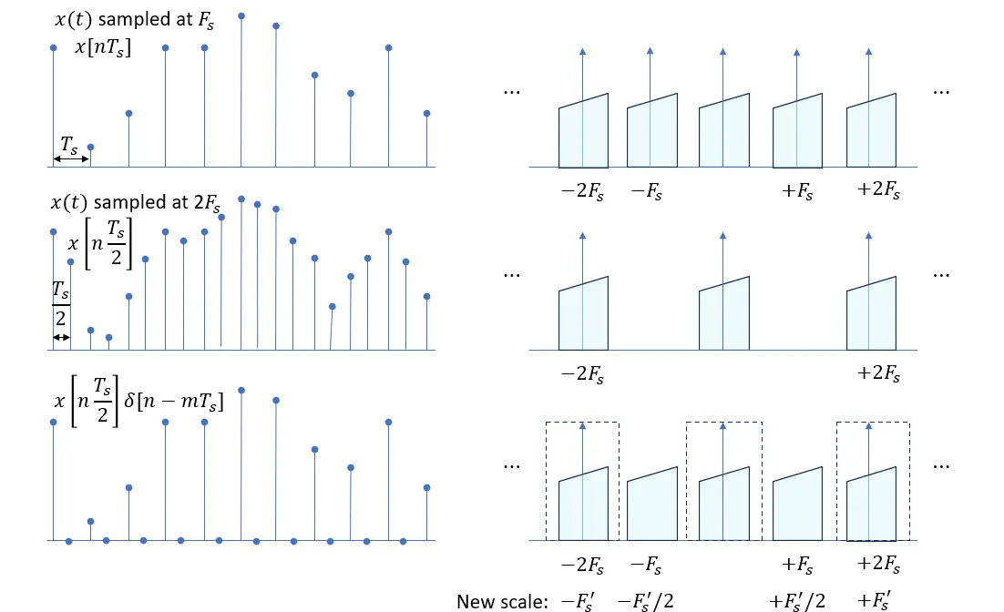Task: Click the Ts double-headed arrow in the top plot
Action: pyautogui.click(x=70, y=159)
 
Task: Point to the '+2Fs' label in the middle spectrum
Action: pyautogui.click(x=879, y=373)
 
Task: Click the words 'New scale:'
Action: pyautogui.click(x=500, y=601)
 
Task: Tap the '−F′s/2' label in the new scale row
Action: pyautogui.click(x=645, y=601)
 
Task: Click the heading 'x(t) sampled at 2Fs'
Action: pyautogui.click(x=137, y=204)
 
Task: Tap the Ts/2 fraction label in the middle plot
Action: pyautogui.click(x=60, y=304)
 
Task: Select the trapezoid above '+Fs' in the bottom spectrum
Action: pyautogui.click(x=797, y=505)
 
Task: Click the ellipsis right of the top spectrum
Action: pyautogui.click(x=941, y=92)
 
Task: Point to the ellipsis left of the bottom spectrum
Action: pyautogui.click(x=512, y=465)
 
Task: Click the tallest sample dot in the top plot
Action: pyautogui.click(x=241, y=15)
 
